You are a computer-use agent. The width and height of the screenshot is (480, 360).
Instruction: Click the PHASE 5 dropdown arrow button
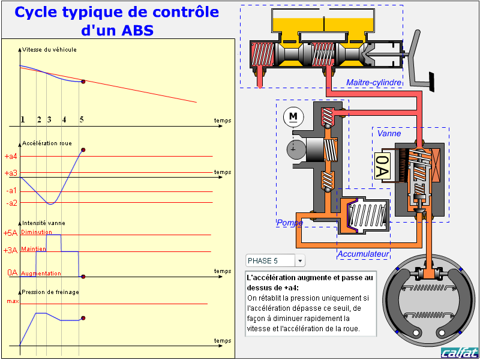300,260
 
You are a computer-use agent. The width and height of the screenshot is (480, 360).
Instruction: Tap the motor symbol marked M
293,115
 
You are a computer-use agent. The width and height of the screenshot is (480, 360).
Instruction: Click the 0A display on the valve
382,166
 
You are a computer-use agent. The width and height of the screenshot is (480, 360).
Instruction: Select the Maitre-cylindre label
374,82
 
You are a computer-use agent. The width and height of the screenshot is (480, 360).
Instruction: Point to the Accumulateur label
364,254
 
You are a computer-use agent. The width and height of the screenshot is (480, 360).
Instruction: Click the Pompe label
289,223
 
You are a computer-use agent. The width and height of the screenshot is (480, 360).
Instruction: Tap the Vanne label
389,133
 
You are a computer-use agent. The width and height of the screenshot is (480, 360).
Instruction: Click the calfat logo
459,352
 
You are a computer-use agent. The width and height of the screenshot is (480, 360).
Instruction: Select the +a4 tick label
11,156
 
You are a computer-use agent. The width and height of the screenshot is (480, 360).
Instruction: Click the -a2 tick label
11,203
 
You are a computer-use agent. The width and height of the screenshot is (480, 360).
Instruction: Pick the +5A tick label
10,233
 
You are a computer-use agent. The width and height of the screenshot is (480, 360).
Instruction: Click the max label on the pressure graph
12,301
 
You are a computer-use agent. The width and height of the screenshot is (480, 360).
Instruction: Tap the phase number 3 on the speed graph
49,119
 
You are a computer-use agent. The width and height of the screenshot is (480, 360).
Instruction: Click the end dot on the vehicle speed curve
83,82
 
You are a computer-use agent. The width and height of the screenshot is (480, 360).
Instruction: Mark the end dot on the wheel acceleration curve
83,149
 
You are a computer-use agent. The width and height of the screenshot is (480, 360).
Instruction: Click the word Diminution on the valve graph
36,232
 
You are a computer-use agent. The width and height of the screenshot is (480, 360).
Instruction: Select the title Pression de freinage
50,292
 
